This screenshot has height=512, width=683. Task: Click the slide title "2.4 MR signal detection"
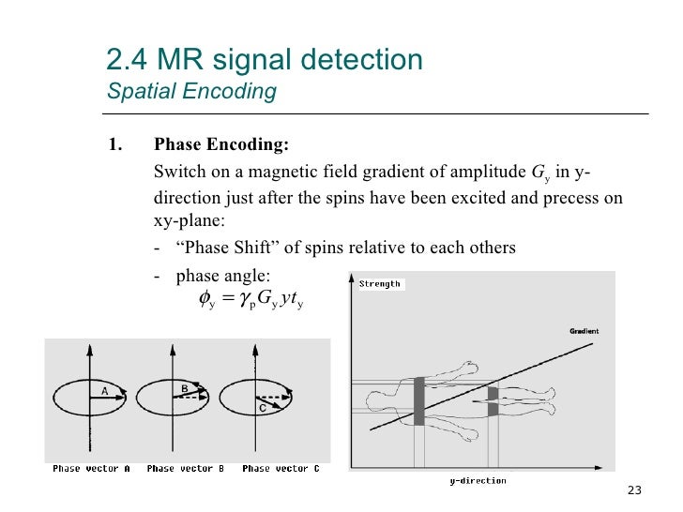pos(265,61)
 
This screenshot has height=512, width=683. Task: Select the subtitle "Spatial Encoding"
pos(191,92)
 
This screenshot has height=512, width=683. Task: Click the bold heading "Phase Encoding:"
pos(221,145)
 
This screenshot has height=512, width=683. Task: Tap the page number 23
pos(633,491)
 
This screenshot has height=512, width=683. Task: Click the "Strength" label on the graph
pos(379,283)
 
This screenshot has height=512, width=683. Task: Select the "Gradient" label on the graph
pos(584,331)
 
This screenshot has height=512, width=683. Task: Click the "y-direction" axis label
pos(478,481)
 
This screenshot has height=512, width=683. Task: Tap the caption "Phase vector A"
pos(91,468)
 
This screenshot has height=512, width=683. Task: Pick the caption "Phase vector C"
pos(280,468)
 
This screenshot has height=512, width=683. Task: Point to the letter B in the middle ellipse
pos(185,386)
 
